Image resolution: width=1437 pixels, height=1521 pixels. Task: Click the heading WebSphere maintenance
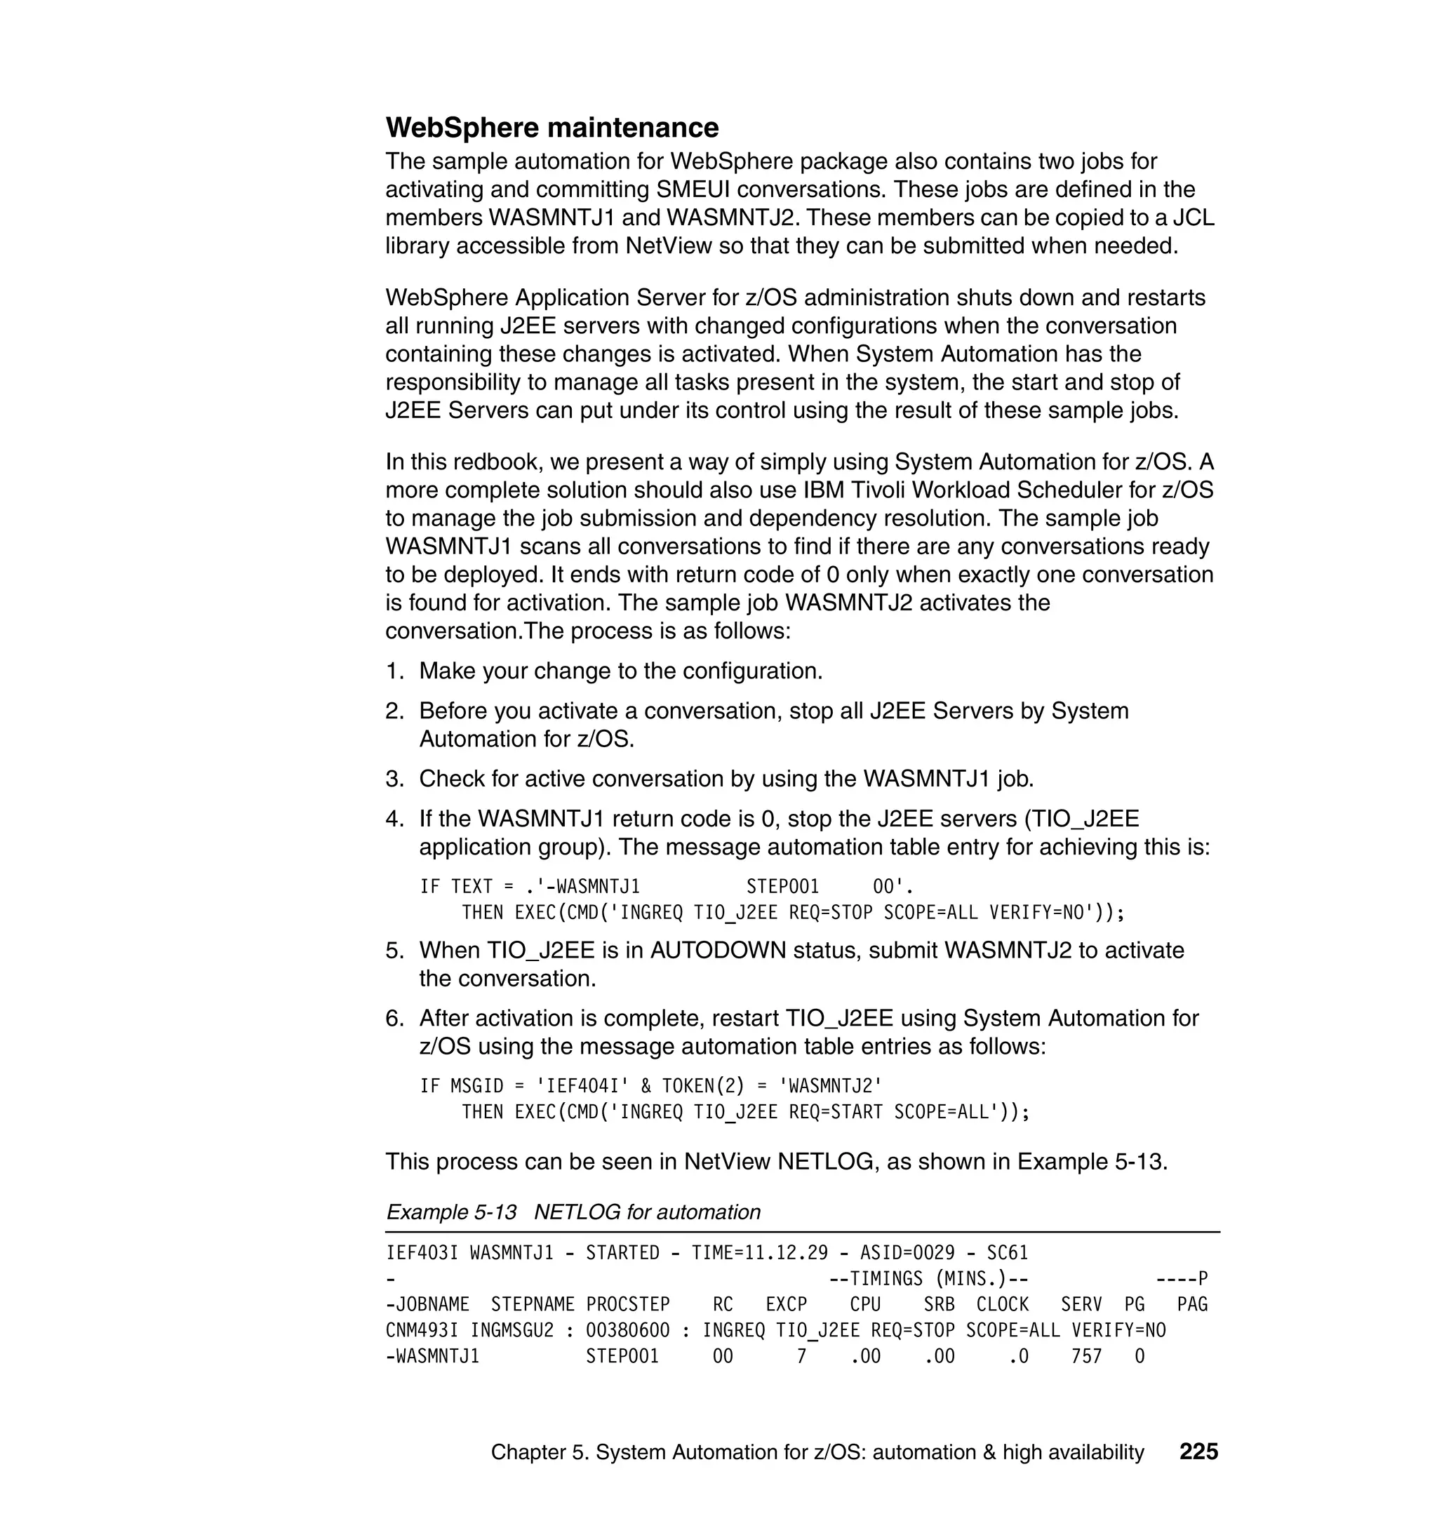pyautogui.click(x=552, y=128)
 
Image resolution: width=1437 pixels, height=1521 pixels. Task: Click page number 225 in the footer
pyautogui.click(x=1198, y=1452)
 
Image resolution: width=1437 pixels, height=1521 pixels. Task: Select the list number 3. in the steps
pyautogui.click(x=394, y=779)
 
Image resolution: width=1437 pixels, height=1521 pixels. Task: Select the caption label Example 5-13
pyautogui.click(x=451, y=1212)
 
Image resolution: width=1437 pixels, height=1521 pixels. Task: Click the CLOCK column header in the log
pyautogui.click(x=1002, y=1304)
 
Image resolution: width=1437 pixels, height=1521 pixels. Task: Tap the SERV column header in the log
pyautogui.click(x=1081, y=1304)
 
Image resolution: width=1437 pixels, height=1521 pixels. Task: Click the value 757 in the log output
pyautogui.click(x=1086, y=1356)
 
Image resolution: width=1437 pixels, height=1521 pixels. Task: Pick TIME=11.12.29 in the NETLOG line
pyautogui.click(x=759, y=1253)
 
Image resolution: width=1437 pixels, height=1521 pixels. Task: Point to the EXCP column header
pyautogui.click(x=786, y=1304)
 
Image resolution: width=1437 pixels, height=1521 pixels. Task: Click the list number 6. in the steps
pyautogui.click(x=394, y=1019)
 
